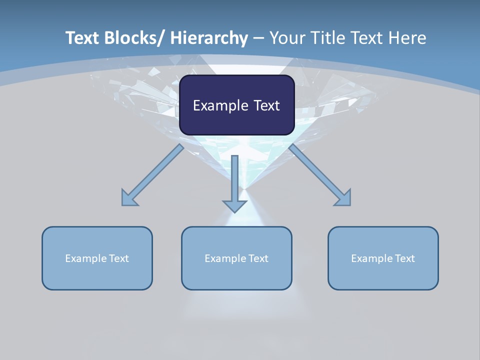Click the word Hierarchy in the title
[x=209, y=38]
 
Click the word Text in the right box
[x=404, y=258]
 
